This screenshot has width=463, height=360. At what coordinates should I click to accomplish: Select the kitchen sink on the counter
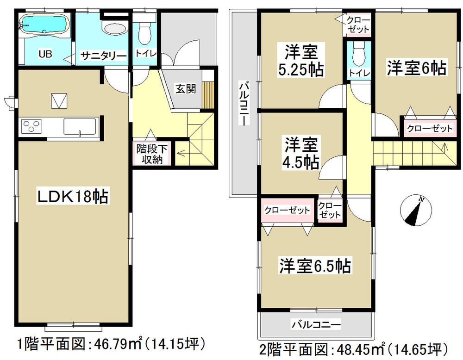(x=80, y=125)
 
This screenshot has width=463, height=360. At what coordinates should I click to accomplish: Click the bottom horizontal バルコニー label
(x=316, y=325)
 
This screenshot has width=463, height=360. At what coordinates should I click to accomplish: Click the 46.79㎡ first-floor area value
(x=112, y=344)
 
